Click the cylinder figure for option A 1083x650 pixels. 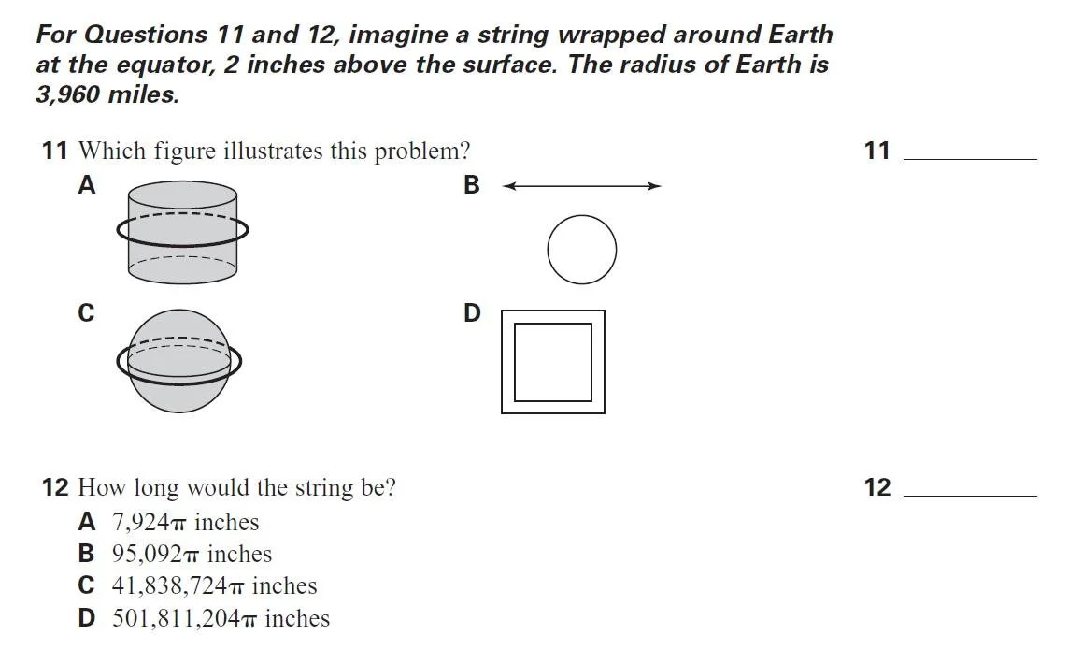[182, 231]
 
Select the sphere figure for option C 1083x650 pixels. [178, 361]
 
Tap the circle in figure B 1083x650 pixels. [581, 250]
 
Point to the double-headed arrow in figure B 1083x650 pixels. [581, 186]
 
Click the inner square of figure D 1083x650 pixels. [553, 362]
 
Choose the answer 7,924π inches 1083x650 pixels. [185, 522]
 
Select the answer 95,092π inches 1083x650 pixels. [192, 554]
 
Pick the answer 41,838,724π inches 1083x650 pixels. [214, 585]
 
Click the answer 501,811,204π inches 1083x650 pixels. [221, 618]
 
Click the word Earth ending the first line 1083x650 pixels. [800, 35]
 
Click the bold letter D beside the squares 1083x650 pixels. [472, 312]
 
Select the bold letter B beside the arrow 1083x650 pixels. [471, 185]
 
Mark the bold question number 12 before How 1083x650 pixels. [55, 487]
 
